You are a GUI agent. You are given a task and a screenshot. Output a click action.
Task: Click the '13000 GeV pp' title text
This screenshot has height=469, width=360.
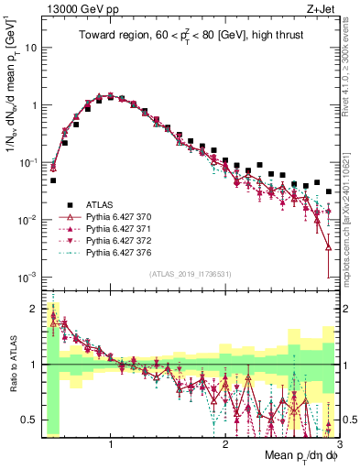click(75, 9)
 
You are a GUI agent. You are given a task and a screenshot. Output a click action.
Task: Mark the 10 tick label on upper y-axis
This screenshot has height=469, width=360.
click(32, 47)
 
